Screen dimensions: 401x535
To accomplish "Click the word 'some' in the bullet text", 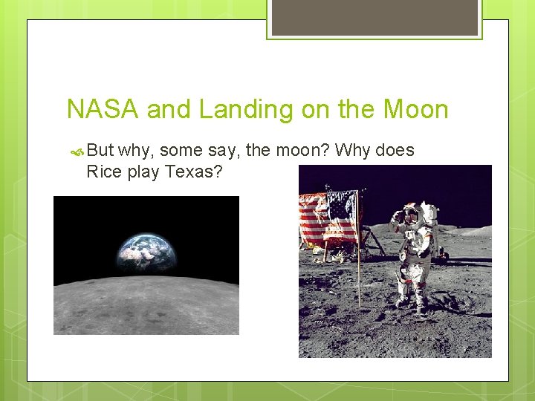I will pos(181,150).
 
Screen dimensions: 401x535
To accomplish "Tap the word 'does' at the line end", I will pos(395,150).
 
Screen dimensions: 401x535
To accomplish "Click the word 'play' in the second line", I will pos(143,172).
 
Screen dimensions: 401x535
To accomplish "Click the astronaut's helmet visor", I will pos(410,213).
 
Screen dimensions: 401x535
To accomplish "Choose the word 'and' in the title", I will pos(169,110).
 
